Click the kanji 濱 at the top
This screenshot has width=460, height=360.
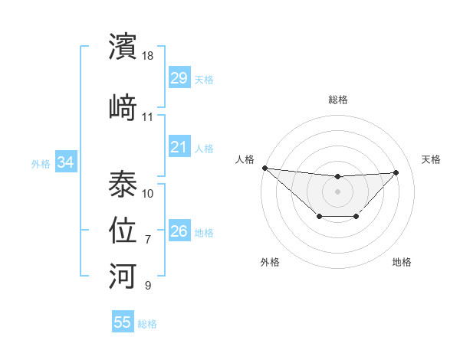[123, 47]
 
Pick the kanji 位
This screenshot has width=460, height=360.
[123, 229]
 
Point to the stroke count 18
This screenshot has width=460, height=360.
[149, 57]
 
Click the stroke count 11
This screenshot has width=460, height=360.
[148, 117]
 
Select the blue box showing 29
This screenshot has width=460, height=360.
[179, 78]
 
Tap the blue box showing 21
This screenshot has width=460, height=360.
[179, 147]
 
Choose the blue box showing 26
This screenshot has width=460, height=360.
[179, 231]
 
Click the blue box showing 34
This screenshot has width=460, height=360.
[66, 162]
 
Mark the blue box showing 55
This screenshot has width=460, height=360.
[123, 322]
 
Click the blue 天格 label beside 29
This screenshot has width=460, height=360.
[204, 79]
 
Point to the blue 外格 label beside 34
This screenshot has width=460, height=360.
[41, 163]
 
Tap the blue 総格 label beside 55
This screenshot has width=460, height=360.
[147, 324]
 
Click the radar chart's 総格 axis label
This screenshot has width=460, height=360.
[337, 100]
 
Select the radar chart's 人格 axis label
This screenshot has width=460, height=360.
[244, 159]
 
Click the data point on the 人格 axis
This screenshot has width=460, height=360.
[264, 168]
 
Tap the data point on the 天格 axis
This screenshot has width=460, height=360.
[396, 172]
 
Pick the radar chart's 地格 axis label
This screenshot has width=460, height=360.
[402, 262]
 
